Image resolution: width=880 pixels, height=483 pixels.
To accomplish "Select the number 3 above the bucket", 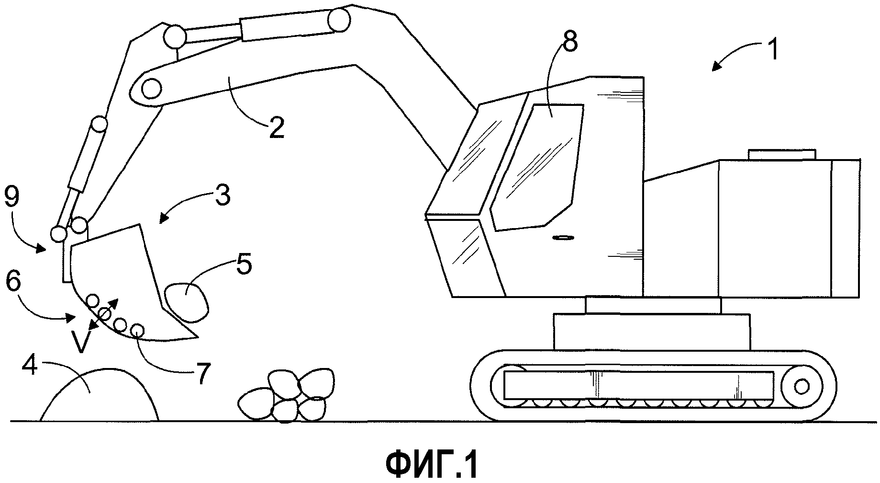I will pyautogui.click(x=222, y=196).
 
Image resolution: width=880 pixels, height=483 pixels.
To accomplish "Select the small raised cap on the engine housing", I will pyautogui.click(x=781, y=154).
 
